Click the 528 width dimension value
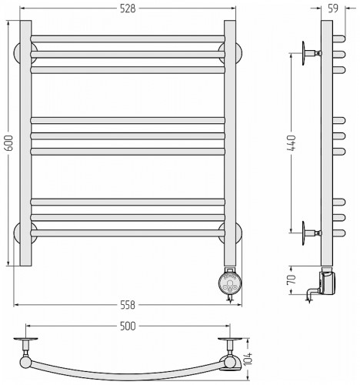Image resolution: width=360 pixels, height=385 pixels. click(x=128, y=9)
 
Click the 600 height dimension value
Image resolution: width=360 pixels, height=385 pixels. click(x=9, y=142)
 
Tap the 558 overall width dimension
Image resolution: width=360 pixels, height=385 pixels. click(x=128, y=305)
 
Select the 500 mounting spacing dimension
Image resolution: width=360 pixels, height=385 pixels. click(x=128, y=326)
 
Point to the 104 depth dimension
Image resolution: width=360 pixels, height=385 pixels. click(x=248, y=359)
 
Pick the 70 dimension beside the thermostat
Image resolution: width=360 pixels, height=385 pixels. click(x=292, y=280)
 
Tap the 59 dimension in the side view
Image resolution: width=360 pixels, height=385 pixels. click(x=333, y=8)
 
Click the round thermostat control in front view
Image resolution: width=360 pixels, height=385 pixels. click(x=230, y=283)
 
